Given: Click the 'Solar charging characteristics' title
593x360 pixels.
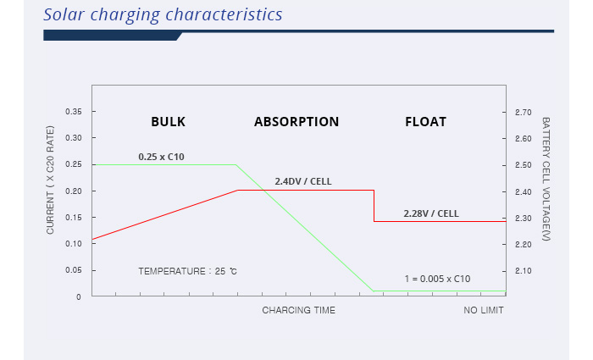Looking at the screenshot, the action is click(x=163, y=15).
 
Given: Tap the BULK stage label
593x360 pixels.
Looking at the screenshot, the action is click(x=169, y=122).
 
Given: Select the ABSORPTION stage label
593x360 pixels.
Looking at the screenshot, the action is click(x=296, y=122).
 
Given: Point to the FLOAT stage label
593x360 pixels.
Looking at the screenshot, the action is click(x=426, y=122).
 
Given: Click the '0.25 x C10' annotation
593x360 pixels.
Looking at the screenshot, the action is click(x=162, y=157).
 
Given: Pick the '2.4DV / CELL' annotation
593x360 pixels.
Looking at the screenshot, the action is click(x=303, y=181).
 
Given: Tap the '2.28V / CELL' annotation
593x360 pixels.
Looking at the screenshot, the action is click(x=431, y=213).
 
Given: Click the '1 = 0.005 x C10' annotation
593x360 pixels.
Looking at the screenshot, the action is click(x=438, y=279).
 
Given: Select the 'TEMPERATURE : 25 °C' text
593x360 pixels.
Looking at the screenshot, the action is click(x=187, y=271).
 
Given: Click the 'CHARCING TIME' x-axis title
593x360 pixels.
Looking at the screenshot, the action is click(x=299, y=311).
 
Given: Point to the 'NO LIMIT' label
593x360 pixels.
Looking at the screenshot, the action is click(x=484, y=311).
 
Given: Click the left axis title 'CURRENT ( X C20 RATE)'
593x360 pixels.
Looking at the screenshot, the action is click(x=50, y=180).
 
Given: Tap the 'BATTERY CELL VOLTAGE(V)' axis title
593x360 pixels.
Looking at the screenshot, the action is click(x=546, y=179).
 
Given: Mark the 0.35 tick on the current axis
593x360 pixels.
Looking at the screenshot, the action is click(x=74, y=112).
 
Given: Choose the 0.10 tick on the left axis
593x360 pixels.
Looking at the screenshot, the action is click(x=74, y=244).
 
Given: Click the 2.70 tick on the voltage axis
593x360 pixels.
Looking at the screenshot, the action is click(x=524, y=113).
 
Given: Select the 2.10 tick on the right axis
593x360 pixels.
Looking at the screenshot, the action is click(x=524, y=271).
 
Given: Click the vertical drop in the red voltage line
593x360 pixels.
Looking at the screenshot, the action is click(x=374, y=206).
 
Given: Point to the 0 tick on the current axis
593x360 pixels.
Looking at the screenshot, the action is click(x=79, y=297).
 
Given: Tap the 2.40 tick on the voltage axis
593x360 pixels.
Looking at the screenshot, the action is click(x=524, y=192).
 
